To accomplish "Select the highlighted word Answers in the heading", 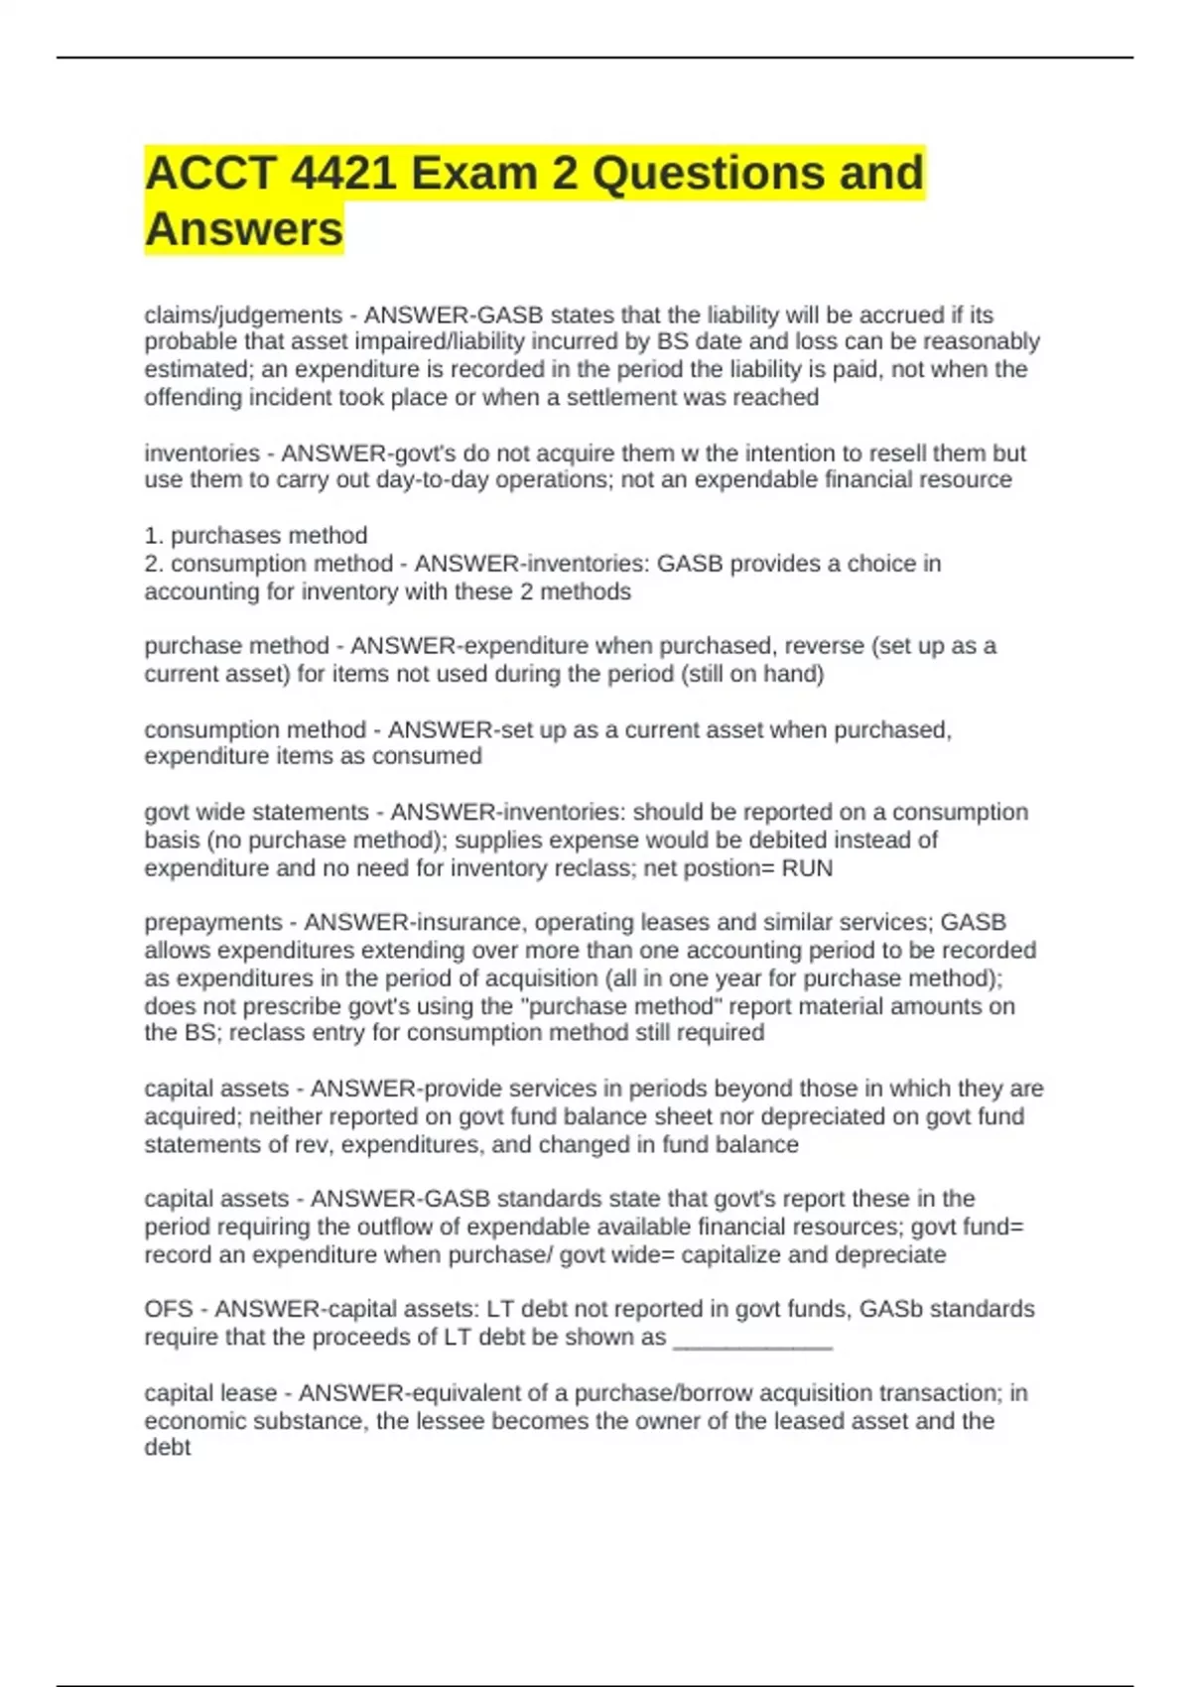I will tap(244, 229).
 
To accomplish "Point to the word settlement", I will tap(616, 398).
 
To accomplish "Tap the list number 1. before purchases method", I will tap(154, 536).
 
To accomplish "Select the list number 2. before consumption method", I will tap(154, 564).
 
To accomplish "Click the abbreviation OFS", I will tap(169, 1309).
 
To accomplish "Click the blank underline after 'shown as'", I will tap(752, 1339).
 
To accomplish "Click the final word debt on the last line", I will tap(167, 1448).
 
